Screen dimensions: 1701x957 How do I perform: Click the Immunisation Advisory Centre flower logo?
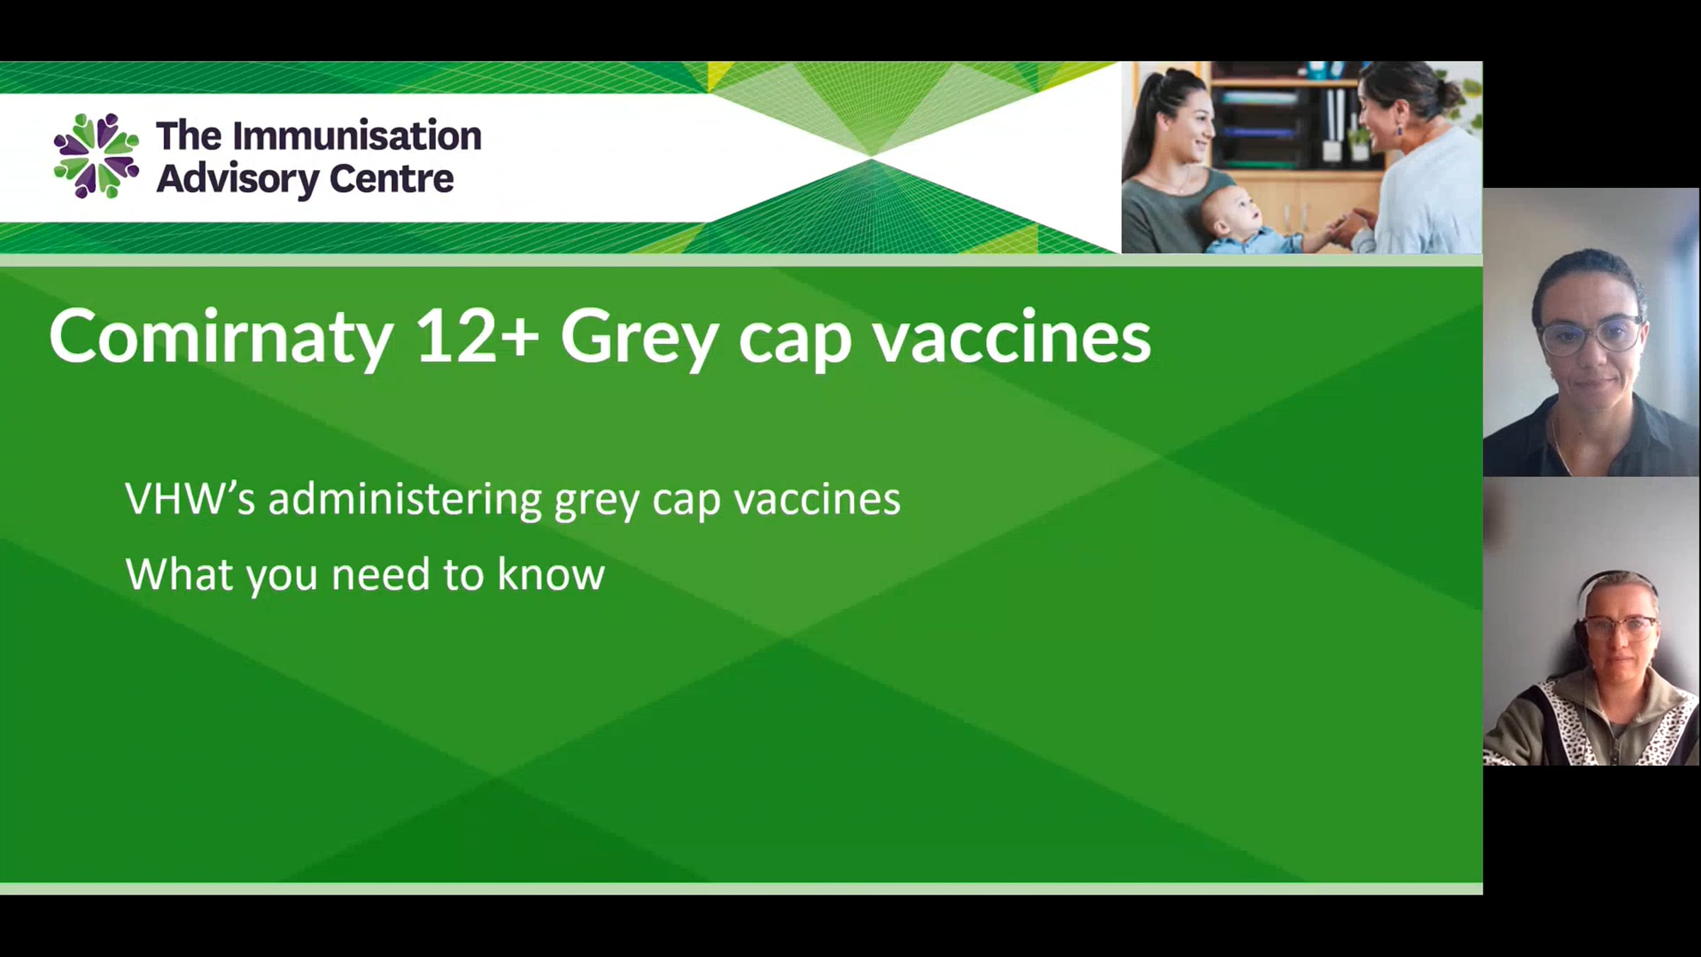[x=96, y=156]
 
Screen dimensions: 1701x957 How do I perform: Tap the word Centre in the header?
[x=391, y=179]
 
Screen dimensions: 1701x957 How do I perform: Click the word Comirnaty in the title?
[x=220, y=337]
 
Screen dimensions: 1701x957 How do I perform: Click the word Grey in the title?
[x=639, y=340]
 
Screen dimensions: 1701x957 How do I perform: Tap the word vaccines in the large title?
[x=1011, y=338]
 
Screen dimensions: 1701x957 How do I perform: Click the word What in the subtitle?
[x=179, y=573]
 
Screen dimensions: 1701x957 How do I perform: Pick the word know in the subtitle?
[x=551, y=573]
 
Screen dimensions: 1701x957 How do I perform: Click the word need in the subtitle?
[x=381, y=573]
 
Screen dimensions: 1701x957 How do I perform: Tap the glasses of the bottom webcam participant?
[x=1619, y=627]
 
